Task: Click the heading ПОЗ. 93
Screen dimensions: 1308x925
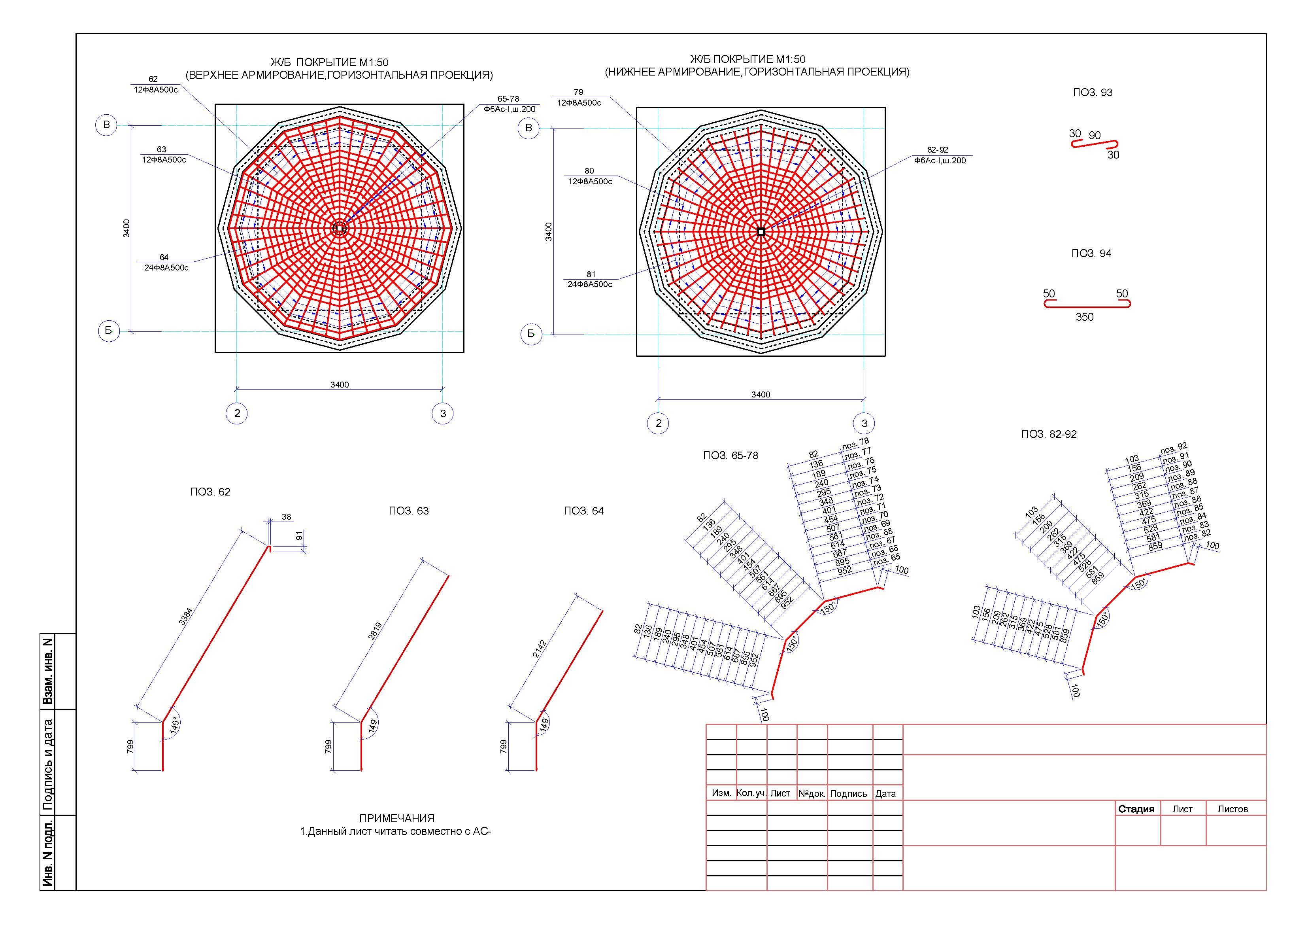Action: [1092, 92]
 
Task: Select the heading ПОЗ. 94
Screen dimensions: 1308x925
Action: [1091, 253]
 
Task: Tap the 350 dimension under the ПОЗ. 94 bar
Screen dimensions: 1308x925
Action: [1084, 317]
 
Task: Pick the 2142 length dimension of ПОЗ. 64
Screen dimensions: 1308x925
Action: [540, 649]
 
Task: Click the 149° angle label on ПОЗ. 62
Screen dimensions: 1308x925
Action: [175, 725]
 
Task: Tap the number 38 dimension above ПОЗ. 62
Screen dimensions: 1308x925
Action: [286, 517]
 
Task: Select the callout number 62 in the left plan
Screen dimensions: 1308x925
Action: [153, 79]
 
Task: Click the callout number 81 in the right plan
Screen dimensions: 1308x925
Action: [591, 274]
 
